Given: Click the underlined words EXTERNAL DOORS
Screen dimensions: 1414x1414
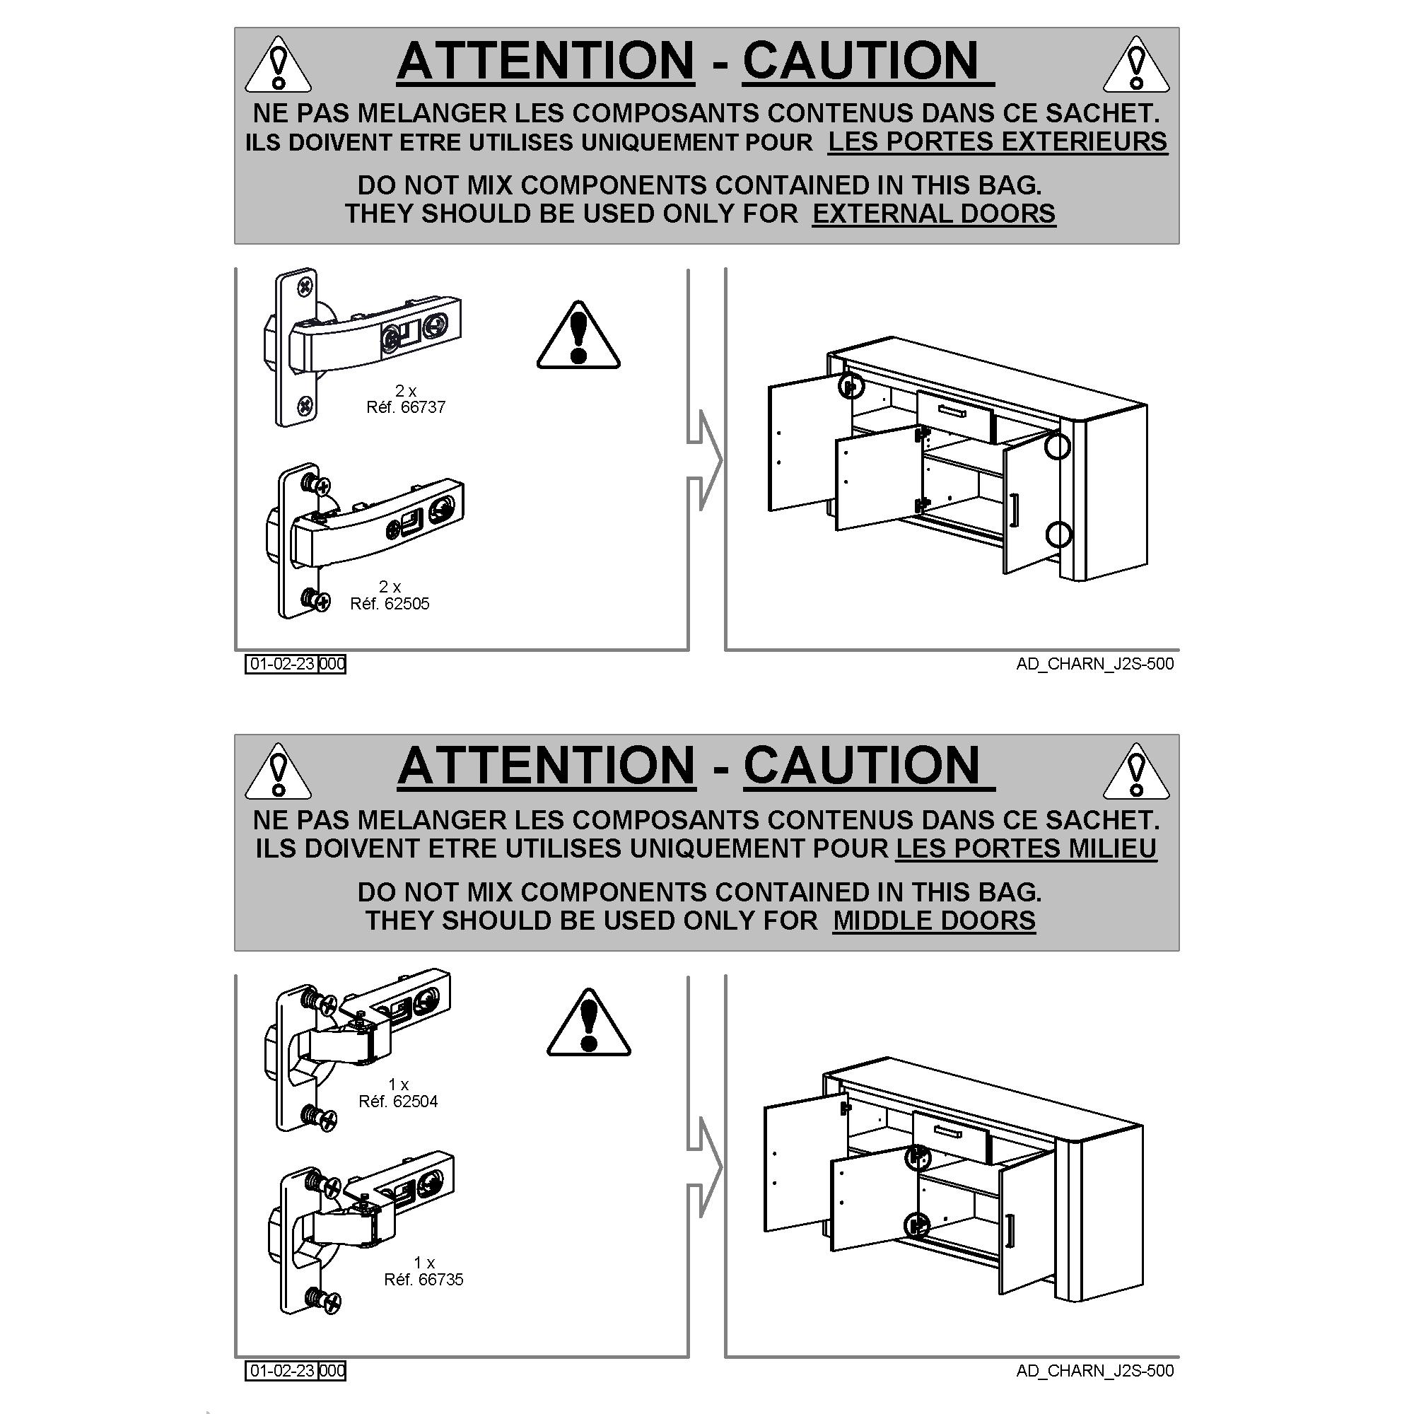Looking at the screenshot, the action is (x=934, y=214).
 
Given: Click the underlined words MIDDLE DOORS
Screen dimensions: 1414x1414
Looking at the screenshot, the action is (x=934, y=921).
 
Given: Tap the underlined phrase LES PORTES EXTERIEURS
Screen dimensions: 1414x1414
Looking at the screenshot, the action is (x=998, y=141).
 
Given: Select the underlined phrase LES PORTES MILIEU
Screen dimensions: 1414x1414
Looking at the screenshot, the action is (x=1026, y=848).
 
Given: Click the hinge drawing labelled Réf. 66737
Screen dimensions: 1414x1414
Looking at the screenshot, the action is (x=361, y=347).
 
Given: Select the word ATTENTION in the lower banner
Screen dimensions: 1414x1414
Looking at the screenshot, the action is (x=547, y=766).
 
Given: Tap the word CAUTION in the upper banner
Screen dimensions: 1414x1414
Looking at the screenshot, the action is (x=861, y=60).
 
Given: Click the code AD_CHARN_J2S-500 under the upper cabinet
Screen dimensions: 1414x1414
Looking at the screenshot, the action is (x=1095, y=664).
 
